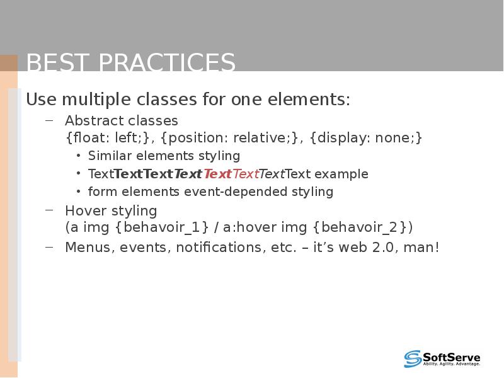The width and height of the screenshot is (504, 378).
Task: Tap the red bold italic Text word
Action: pyautogui.click(x=217, y=174)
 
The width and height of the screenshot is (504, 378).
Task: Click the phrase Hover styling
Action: pyautogui.click(x=111, y=210)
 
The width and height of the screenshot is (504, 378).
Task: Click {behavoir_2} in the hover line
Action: pyautogui.click(x=362, y=227)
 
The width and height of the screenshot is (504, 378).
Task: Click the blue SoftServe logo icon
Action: pyautogui.click(x=413, y=358)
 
